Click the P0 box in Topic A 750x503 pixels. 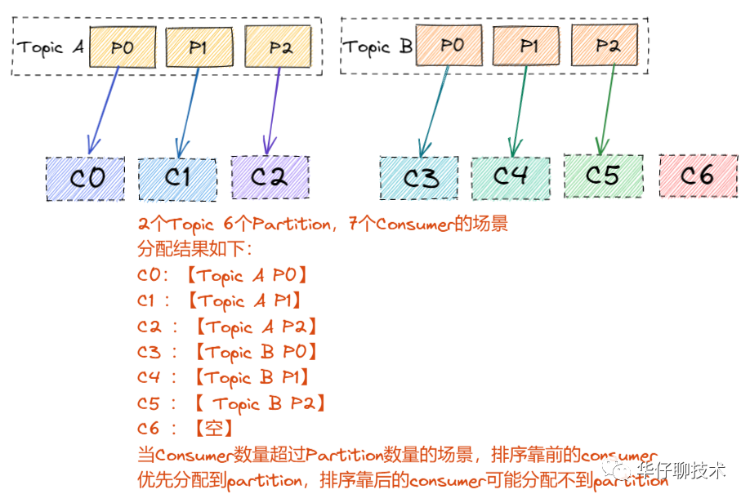[x=123, y=47]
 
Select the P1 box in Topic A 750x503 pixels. [x=199, y=47]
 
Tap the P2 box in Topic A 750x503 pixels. [x=279, y=47]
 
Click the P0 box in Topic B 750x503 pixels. [x=450, y=45]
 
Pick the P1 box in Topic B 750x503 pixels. [x=528, y=45]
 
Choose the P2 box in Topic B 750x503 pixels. [x=605, y=45]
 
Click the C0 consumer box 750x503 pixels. [x=86, y=178]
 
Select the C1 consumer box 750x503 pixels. [x=177, y=178]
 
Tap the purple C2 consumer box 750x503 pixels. [x=270, y=177]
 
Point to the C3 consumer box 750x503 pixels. [x=420, y=178]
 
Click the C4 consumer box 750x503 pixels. [x=511, y=176]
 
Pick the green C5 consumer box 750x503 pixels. [x=603, y=175]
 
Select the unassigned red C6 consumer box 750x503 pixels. [x=697, y=175]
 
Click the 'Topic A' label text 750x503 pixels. [x=51, y=47]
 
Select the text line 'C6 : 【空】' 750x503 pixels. [x=186, y=429]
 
